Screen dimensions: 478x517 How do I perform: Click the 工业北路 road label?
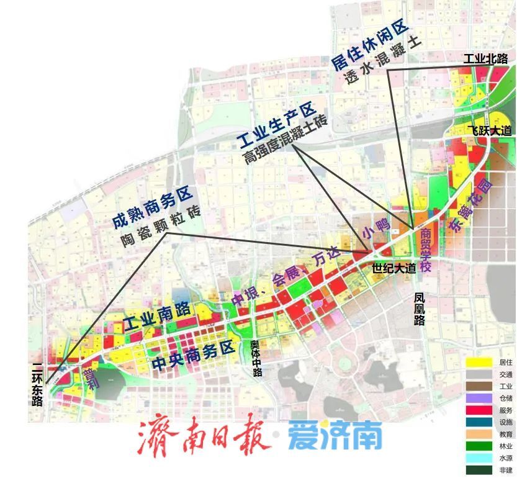click(x=485, y=59)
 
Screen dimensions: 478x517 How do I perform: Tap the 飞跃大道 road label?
click(x=489, y=130)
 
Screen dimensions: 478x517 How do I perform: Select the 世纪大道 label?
click(x=393, y=269)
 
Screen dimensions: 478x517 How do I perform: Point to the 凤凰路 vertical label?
click(x=420, y=309)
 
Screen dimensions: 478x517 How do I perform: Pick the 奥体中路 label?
click(x=256, y=358)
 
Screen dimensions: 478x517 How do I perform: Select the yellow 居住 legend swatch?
click(x=479, y=362)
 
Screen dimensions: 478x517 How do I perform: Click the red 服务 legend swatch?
click(x=479, y=410)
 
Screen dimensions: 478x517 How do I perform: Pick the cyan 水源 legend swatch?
click(x=479, y=459)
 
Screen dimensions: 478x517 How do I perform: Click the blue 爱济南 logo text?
click(x=335, y=437)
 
